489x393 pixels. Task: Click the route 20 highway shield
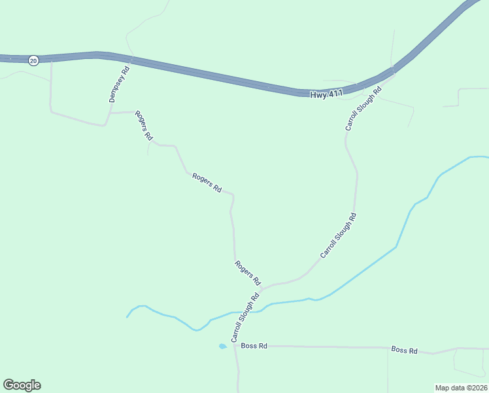[33, 60]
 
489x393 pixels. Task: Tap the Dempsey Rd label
[120, 84]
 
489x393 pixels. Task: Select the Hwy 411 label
[326, 95]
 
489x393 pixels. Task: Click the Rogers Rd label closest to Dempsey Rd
[144, 126]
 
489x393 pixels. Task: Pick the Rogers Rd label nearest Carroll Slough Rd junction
[248, 272]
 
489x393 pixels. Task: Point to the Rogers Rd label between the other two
[207, 182]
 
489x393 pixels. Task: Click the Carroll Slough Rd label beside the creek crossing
[245, 318]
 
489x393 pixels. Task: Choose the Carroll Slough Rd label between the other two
[338, 234]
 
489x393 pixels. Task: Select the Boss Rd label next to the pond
[254, 346]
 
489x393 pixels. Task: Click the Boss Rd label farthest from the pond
[404, 350]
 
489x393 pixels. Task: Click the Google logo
[22, 385]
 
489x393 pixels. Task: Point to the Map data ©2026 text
[461, 387]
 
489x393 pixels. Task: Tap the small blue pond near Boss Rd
[222, 346]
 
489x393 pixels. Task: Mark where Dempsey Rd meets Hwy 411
[132, 60]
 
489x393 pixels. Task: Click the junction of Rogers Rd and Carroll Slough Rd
[261, 288]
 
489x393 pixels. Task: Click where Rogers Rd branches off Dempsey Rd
[109, 113]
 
